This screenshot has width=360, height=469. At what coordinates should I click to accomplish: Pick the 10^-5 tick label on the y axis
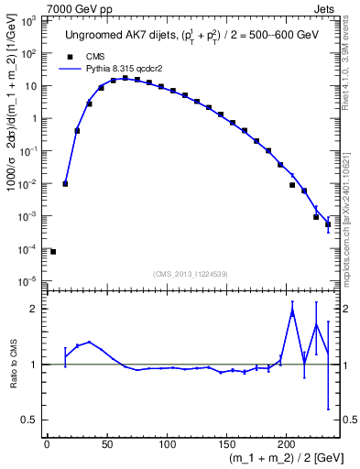point(28,281)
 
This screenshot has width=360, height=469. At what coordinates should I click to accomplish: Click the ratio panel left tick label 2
point(33,309)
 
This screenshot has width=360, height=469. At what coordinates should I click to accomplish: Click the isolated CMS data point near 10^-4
point(53,252)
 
